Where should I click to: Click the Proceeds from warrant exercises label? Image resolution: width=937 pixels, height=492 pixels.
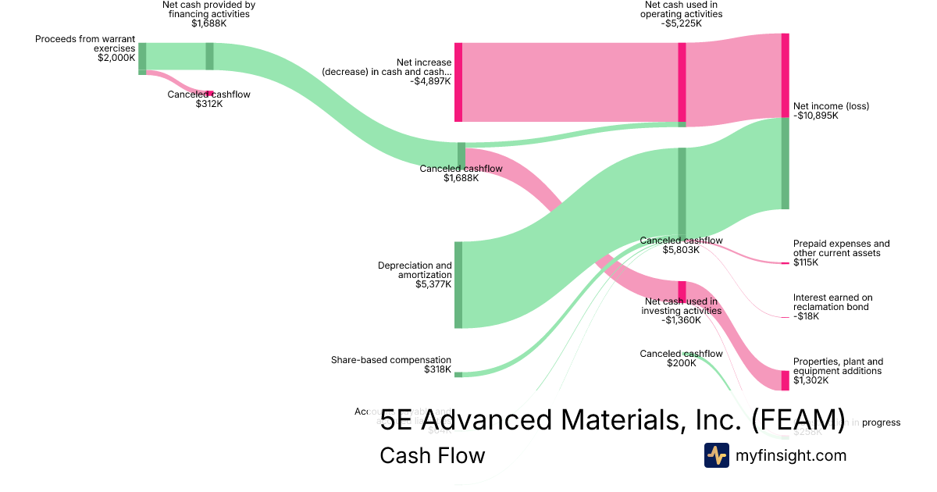tap(85, 43)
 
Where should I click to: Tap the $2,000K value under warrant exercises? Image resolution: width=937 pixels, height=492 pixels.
tap(116, 58)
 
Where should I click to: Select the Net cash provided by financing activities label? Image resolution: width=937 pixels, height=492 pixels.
tap(208, 9)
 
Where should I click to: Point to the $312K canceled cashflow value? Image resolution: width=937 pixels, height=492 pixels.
tap(208, 104)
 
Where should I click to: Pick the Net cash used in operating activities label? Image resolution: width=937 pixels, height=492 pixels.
tap(681, 9)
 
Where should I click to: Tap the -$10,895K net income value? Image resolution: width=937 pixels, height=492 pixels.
tap(815, 116)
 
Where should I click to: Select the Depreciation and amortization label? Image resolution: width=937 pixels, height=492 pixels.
tap(415, 270)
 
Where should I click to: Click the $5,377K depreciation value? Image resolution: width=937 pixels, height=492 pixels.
tap(433, 284)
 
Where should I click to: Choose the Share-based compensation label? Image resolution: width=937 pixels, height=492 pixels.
tap(391, 360)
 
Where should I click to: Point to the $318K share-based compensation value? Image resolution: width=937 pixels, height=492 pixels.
tap(437, 369)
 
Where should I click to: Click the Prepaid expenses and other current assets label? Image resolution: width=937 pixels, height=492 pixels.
tap(841, 248)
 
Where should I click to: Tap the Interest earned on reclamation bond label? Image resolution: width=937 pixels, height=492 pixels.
tap(832, 302)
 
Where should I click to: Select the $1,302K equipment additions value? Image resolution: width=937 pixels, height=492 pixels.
tap(811, 380)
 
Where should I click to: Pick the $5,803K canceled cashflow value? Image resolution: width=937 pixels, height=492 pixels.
tap(681, 250)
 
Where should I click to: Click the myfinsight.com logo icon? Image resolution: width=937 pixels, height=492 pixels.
tap(716, 455)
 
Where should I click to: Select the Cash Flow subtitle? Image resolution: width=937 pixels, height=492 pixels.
tap(432, 455)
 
